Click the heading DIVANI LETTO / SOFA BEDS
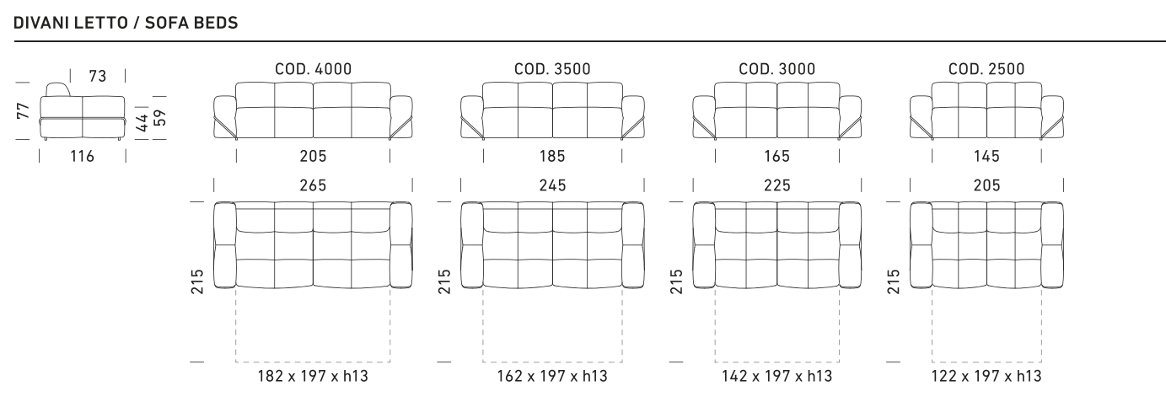126,24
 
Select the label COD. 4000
314,69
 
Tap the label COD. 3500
552,69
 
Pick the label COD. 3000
777,69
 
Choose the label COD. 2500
987,69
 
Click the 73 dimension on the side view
98,77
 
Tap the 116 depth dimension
82,156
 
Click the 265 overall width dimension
314,185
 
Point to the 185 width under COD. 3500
552,156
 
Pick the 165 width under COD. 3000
777,156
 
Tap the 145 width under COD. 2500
987,156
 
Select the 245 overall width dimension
552,185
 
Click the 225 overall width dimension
777,185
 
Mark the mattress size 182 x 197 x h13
313,376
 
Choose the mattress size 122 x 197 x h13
986,376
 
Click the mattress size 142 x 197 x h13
776,376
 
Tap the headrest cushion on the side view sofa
56,91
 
